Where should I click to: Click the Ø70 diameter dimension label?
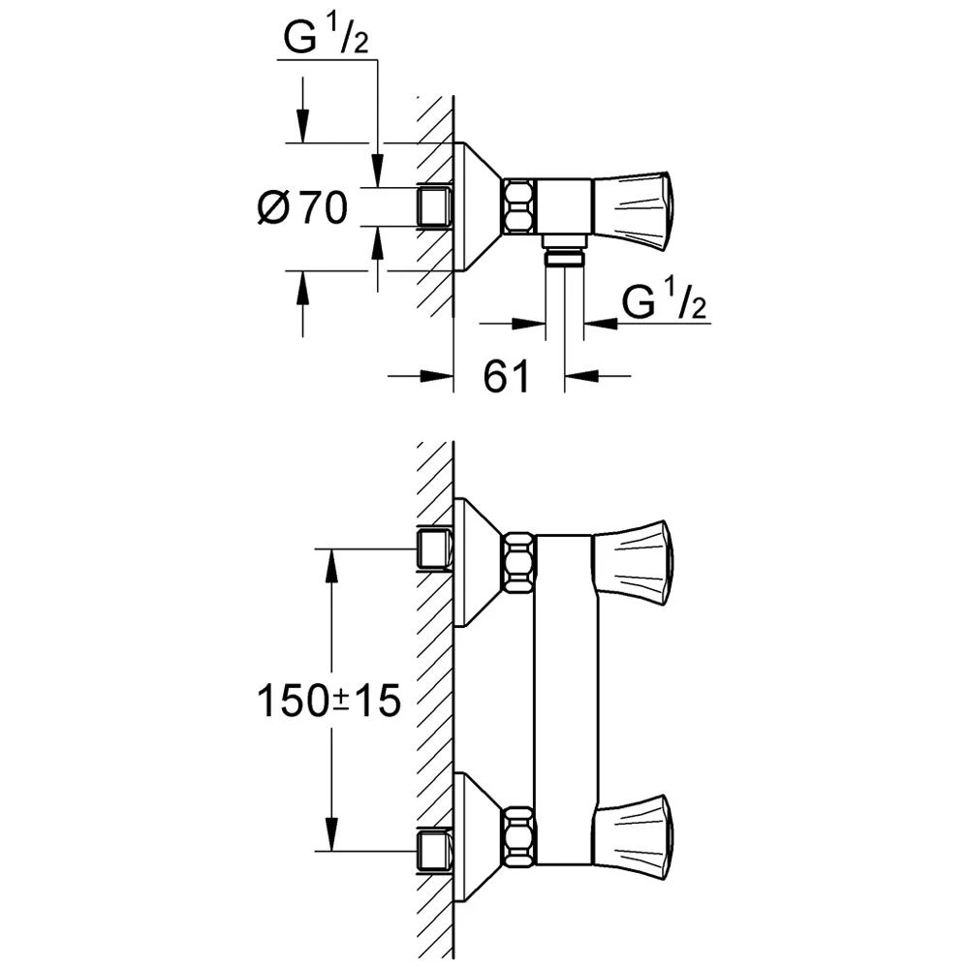coord(302,207)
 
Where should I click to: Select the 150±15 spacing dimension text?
coord(328,701)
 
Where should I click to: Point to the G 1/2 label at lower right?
coord(664,302)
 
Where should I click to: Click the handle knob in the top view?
coord(633,207)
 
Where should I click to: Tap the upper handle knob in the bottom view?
coord(633,562)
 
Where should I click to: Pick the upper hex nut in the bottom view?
coord(520,562)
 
